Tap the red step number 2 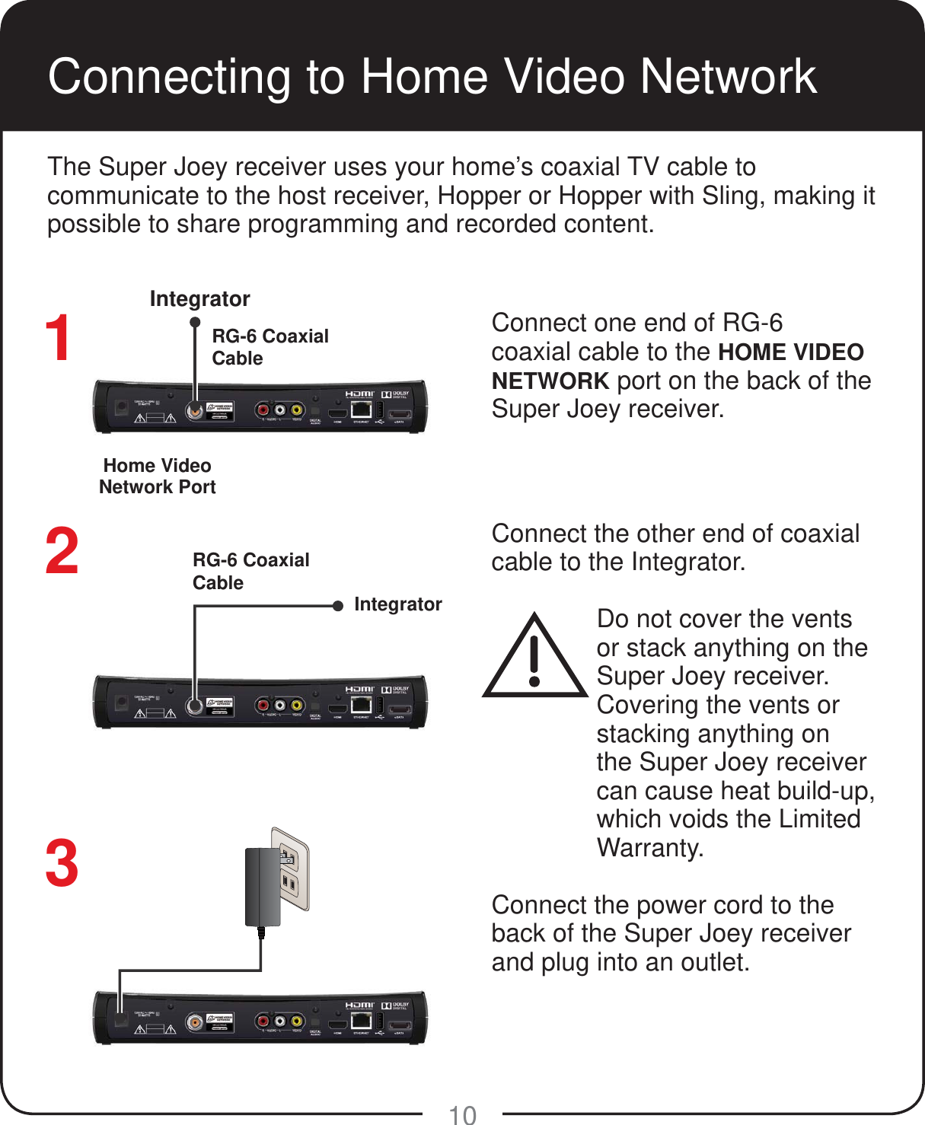point(62,551)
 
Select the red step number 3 point(62,863)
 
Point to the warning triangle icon point(535,655)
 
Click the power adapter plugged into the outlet point(262,887)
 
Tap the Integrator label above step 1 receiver point(199,299)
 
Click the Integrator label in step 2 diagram point(397,604)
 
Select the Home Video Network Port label point(158,476)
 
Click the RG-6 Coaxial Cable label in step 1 point(270,347)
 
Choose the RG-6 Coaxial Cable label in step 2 point(250,571)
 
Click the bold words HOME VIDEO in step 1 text point(790,352)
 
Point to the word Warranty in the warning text point(649,848)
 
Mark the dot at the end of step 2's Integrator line point(338,606)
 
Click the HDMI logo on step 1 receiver point(359,394)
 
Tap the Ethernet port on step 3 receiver point(361,1021)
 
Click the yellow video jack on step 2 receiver point(297,706)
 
